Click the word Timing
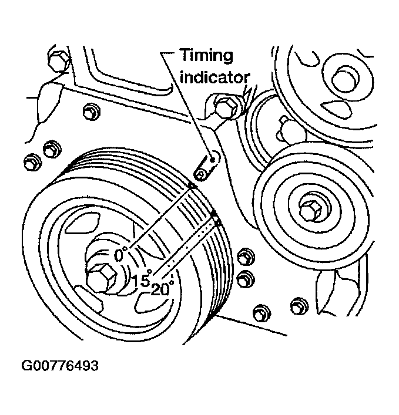[206, 56]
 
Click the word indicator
[215, 77]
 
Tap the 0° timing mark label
[122, 255]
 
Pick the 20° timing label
[163, 289]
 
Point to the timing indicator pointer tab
[206, 167]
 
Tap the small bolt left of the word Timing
[89, 110]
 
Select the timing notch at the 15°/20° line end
[215, 220]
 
